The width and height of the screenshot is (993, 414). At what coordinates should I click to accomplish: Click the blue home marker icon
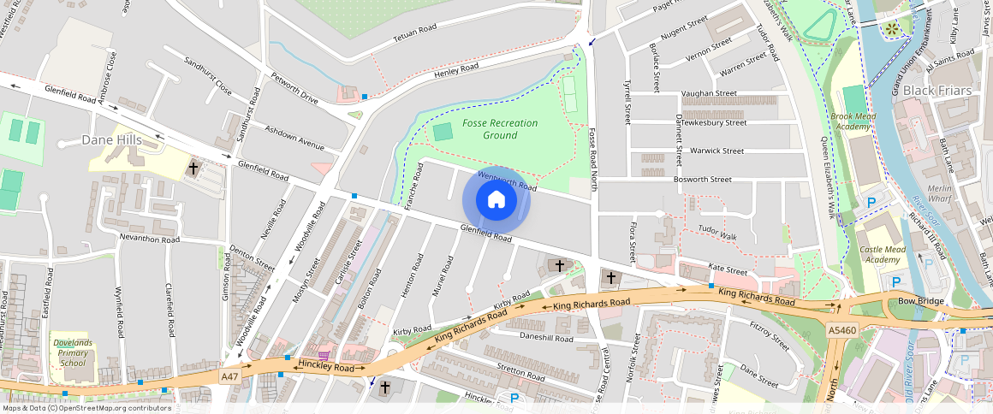[496, 200]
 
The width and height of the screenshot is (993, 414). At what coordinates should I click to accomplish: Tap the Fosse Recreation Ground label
[500, 129]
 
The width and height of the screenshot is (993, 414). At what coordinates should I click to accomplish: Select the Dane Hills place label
[111, 139]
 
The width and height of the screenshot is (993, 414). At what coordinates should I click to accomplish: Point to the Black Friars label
[937, 91]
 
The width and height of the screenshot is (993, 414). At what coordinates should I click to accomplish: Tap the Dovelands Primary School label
[73, 350]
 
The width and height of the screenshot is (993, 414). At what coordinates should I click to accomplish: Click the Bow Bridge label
[919, 301]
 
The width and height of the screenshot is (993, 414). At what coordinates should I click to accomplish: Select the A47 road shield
[229, 376]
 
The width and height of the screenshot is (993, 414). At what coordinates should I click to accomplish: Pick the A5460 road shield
[841, 329]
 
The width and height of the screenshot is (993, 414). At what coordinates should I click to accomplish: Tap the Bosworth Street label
[702, 180]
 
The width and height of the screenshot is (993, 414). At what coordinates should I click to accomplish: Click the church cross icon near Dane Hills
[194, 169]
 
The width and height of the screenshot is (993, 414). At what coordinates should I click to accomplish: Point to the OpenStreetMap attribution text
[86, 408]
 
